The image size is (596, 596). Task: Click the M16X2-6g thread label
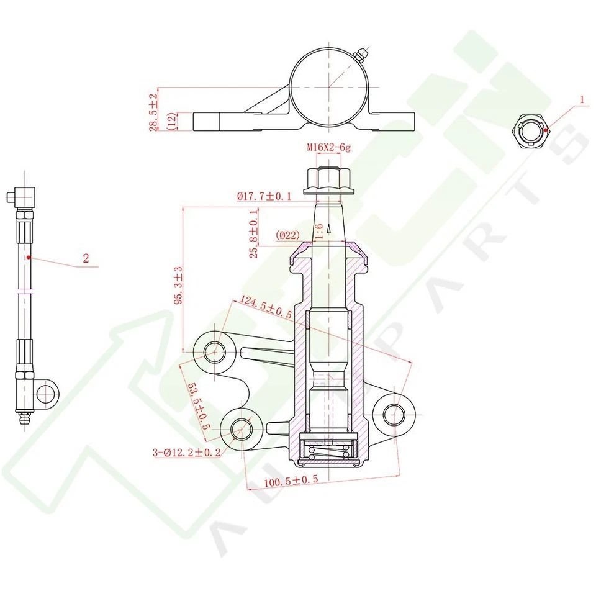328,147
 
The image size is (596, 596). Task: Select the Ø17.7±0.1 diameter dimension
264,196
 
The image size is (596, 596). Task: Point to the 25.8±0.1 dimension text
253,233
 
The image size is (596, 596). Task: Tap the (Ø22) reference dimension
287,235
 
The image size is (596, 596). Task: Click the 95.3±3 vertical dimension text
178,285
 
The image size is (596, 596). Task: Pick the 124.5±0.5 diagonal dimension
266,307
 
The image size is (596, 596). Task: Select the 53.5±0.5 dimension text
199,406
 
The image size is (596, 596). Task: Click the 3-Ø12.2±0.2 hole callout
187,453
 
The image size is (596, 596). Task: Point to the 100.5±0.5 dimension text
291,481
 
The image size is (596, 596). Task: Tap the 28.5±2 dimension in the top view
153,112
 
